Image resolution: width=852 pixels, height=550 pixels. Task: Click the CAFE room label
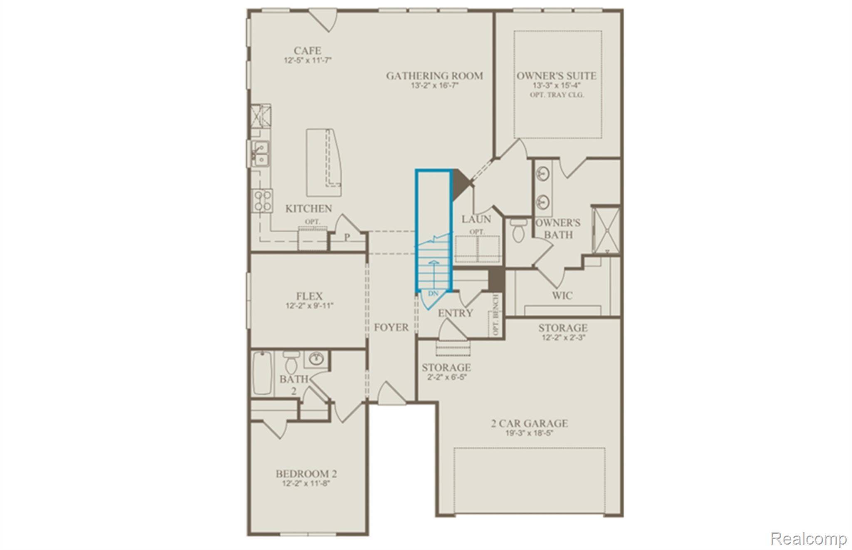(x=307, y=51)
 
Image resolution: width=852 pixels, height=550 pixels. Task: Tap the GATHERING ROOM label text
(x=434, y=76)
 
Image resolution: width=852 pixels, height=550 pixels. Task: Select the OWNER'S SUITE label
(x=557, y=76)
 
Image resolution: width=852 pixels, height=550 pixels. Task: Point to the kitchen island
(x=324, y=162)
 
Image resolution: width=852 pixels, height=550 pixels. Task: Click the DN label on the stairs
(x=433, y=294)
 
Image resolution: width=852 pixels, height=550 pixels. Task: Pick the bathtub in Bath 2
(x=263, y=373)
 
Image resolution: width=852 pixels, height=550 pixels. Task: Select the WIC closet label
(x=562, y=296)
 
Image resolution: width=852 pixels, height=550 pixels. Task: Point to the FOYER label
(x=391, y=328)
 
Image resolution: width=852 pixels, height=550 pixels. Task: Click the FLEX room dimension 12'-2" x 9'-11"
(x=309, y=306)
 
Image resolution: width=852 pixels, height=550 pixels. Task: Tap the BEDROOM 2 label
(x=306, y=474)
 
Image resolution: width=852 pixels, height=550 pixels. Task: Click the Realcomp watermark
(x=808, y=538)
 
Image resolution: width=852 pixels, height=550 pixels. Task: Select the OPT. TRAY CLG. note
(x=557, y=95)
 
